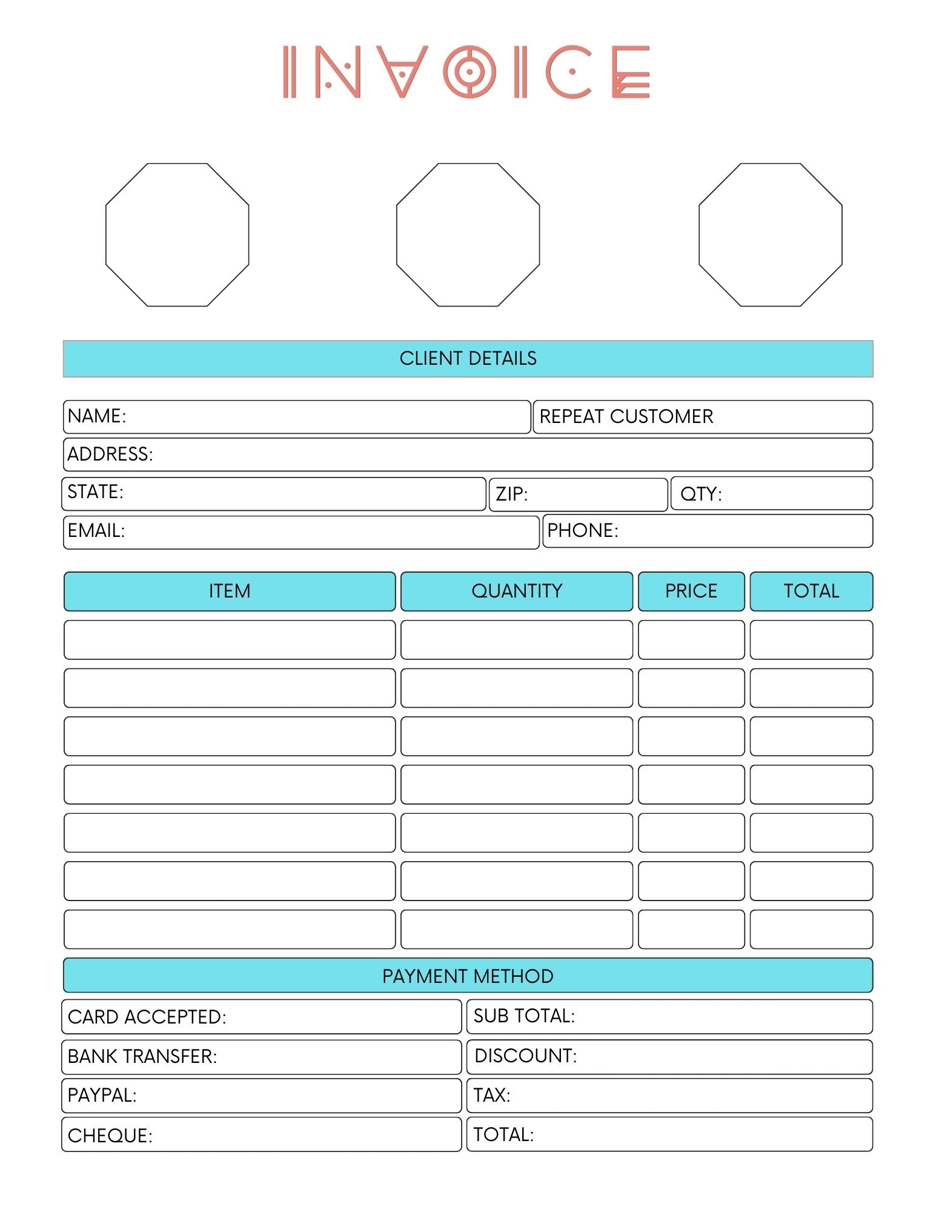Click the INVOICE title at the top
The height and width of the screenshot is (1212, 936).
point(466,72)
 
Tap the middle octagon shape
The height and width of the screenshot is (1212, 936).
point(468,235)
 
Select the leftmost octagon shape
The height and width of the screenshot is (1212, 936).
point(177,235)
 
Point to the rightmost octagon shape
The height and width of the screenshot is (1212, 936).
point(770,235)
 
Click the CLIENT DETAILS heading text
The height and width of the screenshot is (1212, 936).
point(468,358)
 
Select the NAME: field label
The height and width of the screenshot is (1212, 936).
point(97,416)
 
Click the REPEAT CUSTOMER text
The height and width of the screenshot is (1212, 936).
point(626,416)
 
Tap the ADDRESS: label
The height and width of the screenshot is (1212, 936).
point(110,454)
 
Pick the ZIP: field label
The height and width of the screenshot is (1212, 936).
point(511,494)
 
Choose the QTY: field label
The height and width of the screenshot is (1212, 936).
point(700,494)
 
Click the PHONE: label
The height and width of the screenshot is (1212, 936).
point(582,530)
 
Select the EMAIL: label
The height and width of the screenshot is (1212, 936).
point(96,531)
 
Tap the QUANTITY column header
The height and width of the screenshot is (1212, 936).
point(517,591)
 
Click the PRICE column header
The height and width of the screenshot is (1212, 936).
point(691,591)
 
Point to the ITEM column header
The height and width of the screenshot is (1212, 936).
point(230,591)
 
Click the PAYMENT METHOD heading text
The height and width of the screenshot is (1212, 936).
point(468,976)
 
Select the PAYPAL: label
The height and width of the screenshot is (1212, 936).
point(102,1095)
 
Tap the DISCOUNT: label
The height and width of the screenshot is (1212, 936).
point(525,1056)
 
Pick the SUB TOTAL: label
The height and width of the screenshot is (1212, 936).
point(524,1016)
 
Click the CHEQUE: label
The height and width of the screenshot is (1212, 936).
point(110,1135)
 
